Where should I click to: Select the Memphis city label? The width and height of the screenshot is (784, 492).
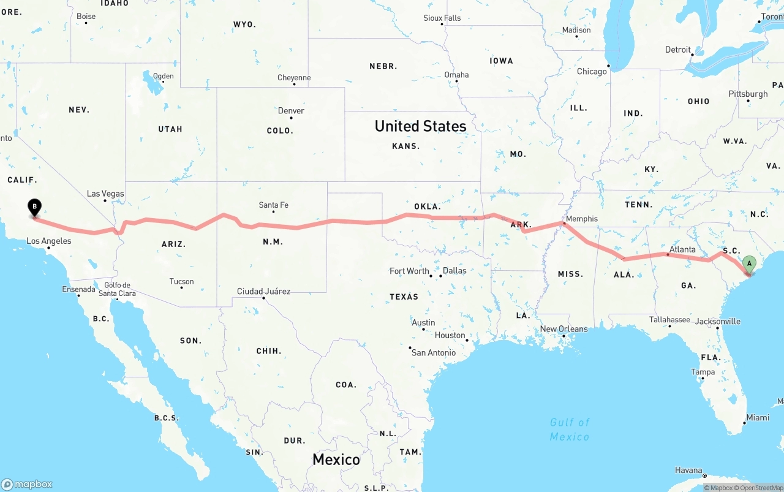[581, 219]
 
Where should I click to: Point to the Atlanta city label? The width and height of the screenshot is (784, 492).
[682, 249]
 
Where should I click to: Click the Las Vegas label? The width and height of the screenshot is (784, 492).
[105, 194]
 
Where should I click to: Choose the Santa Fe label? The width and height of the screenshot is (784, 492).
[273, 205]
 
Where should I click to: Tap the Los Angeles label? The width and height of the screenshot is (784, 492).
[48, 241]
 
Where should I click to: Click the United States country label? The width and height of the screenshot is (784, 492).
[420, 126]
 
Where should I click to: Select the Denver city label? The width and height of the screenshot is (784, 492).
[291, 111]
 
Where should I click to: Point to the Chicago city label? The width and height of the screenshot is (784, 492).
[592, 72]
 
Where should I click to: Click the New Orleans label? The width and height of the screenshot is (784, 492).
[563, 329]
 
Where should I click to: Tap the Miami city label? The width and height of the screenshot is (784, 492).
[758, 417]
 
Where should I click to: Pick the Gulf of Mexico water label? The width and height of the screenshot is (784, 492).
[570, 429]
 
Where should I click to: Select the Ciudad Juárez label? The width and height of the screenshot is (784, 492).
[263, 291]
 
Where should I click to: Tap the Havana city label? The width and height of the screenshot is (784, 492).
[688, 471]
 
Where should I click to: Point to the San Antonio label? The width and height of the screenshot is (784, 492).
[434, 352]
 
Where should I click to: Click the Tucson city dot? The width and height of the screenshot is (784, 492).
[181, 287]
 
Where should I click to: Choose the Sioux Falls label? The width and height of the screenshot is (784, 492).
[442, 18]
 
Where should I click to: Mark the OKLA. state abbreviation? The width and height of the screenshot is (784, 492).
[427, 206]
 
